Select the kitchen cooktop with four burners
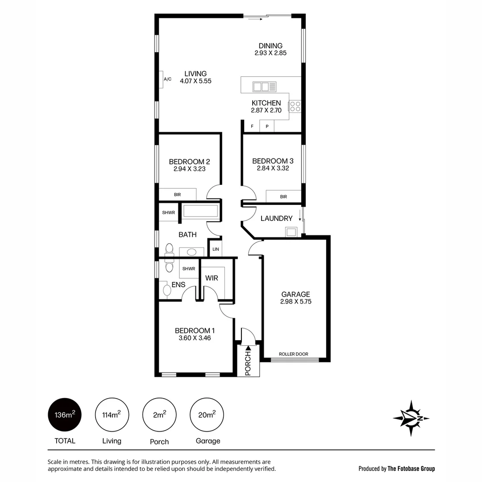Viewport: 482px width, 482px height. click(x=295, y=106)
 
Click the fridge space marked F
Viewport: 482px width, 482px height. click(x=252, y=126)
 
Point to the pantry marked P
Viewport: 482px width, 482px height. click(x=267, y=126)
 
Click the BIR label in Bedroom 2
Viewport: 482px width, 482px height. click(x=177, y=195)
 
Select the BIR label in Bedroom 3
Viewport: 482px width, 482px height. click(x=283, y=196)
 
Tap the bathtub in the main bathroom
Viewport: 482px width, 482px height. click(x=200, y=211)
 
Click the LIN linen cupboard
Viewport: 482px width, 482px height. click(x=216, y=249)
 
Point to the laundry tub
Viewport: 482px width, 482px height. click(x=291, y=232)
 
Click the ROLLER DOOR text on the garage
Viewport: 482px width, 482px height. click(x=293, y=354)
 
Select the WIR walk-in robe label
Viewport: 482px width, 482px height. click(x=212, y=278)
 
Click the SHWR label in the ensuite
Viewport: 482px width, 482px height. click(x=189, y=269)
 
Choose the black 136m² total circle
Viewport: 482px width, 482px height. click(x=65, y=415)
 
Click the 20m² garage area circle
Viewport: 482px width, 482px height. click(x=207, y=415)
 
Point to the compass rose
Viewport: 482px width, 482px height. click(x=411, y=418)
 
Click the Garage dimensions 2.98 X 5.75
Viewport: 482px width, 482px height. click(x=296, y=301)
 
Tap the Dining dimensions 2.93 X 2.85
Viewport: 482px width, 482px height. click(x=270, y=53)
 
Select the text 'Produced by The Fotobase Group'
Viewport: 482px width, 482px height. click(x=396, y=469)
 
